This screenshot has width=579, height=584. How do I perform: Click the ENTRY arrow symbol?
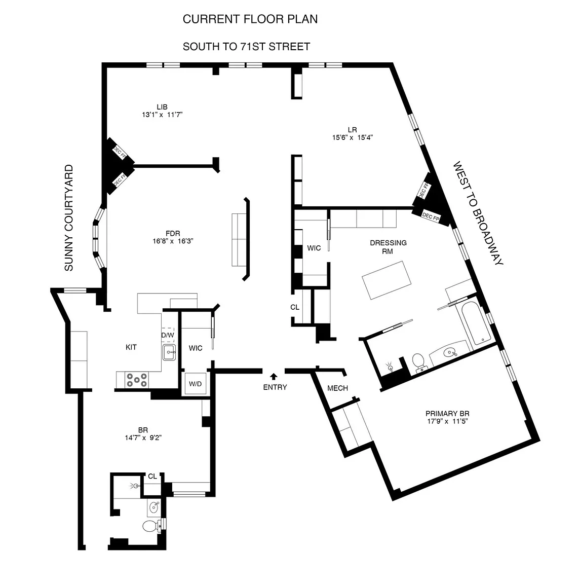point(274,376)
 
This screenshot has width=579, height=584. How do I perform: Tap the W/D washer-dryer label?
point(196,384)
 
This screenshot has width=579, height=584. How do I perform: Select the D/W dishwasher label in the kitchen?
point(168,335)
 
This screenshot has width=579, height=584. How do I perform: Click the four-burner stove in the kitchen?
point(137,380)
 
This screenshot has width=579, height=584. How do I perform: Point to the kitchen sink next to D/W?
point(169,352)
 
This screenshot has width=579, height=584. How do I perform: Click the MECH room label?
point(337,388)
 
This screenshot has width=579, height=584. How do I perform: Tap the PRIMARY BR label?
point(447,414)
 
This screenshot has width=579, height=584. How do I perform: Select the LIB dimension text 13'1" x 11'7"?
point(162,115)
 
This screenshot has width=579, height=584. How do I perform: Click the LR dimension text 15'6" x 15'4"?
point(353,137)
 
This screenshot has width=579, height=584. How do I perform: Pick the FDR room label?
point(173,234)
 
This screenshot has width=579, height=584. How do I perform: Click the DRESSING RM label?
point(388,247)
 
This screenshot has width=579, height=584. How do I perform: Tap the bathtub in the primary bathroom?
point(473,322)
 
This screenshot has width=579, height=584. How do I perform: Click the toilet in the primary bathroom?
point(419,362)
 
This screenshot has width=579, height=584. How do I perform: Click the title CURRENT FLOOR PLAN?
point(250,19)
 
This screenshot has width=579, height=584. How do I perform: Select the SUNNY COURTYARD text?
point(69,218)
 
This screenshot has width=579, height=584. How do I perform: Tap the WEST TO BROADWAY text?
point(478,213)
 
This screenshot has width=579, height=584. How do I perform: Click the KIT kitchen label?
point(131,347)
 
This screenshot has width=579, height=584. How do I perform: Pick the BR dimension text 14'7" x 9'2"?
point(143,437)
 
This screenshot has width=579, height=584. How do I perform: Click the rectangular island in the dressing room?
point(387,280)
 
